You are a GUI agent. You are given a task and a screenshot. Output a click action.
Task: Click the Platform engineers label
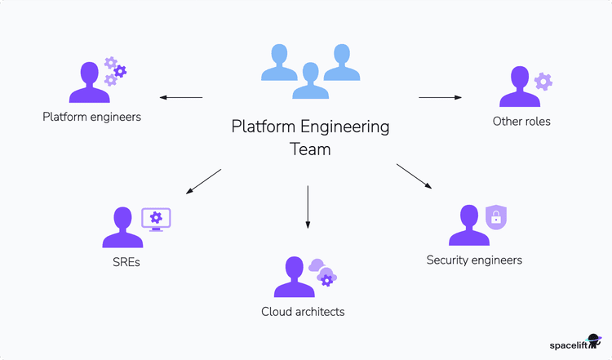pyautogui.click(x=91, y=117)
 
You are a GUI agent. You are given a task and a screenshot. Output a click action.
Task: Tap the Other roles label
pyautogui.click(x=521, y=122)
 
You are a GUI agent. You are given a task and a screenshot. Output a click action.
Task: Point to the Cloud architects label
pyautogui.click(x=303, y=311)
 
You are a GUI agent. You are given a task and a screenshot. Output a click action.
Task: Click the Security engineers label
pyautogui.click(x=474, y=260)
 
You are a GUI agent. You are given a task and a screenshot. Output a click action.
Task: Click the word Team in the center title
pyautogui.click(x=310, y=149)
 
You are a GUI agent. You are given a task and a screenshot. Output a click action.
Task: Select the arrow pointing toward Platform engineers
pyautogui.click(x=180, y=98)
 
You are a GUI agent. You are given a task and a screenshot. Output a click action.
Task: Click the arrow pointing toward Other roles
pyautogui.click(x=440, y=98)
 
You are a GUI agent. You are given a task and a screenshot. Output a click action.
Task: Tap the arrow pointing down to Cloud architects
pyautogui.click(x=308, y=207)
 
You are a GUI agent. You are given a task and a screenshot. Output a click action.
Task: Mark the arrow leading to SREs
pyautogui.click(x=204, y=181)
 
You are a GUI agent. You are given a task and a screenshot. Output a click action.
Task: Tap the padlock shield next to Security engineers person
pyautogui.click(x=494, y=216)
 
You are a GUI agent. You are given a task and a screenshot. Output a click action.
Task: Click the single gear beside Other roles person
pyautogui.click(x=543, y=82)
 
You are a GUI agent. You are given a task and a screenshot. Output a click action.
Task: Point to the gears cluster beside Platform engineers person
pyautogui.click(x=115, y=72)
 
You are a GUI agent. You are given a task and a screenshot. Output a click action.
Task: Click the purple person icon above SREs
pyautogui.click(x=122, y=228)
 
